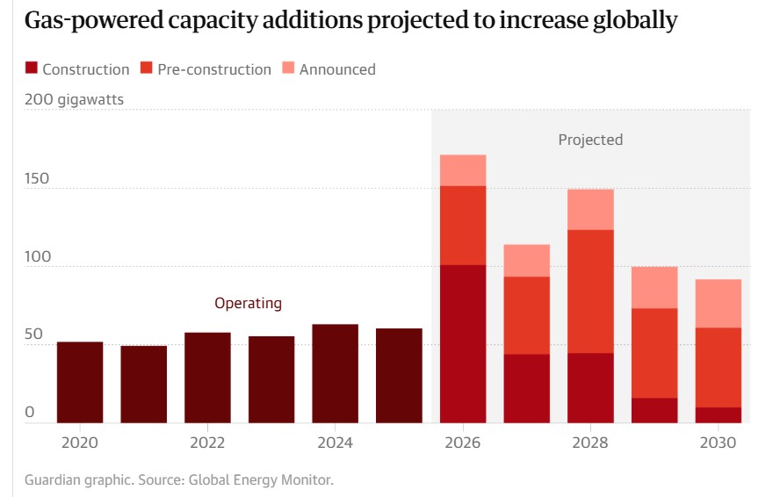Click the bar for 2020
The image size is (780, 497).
click(80, 382)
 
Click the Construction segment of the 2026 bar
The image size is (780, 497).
click(463, 343)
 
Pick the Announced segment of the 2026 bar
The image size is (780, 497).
click(463, 170)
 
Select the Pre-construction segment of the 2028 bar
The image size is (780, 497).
click(590, 292)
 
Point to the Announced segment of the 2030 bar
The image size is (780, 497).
click(719, 303)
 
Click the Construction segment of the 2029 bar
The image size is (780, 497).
click(654, 410)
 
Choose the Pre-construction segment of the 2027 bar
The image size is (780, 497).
click(527, 315)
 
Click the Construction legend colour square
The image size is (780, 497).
click(32, 68)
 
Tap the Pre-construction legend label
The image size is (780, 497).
click(214, 69)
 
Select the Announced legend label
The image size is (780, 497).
click(337, 69)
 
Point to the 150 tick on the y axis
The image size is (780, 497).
click(37, 179)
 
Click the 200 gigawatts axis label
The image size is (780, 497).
click(75, 100)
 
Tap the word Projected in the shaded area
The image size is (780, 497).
click(590, 140)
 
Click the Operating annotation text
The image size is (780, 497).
click(249, 303)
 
